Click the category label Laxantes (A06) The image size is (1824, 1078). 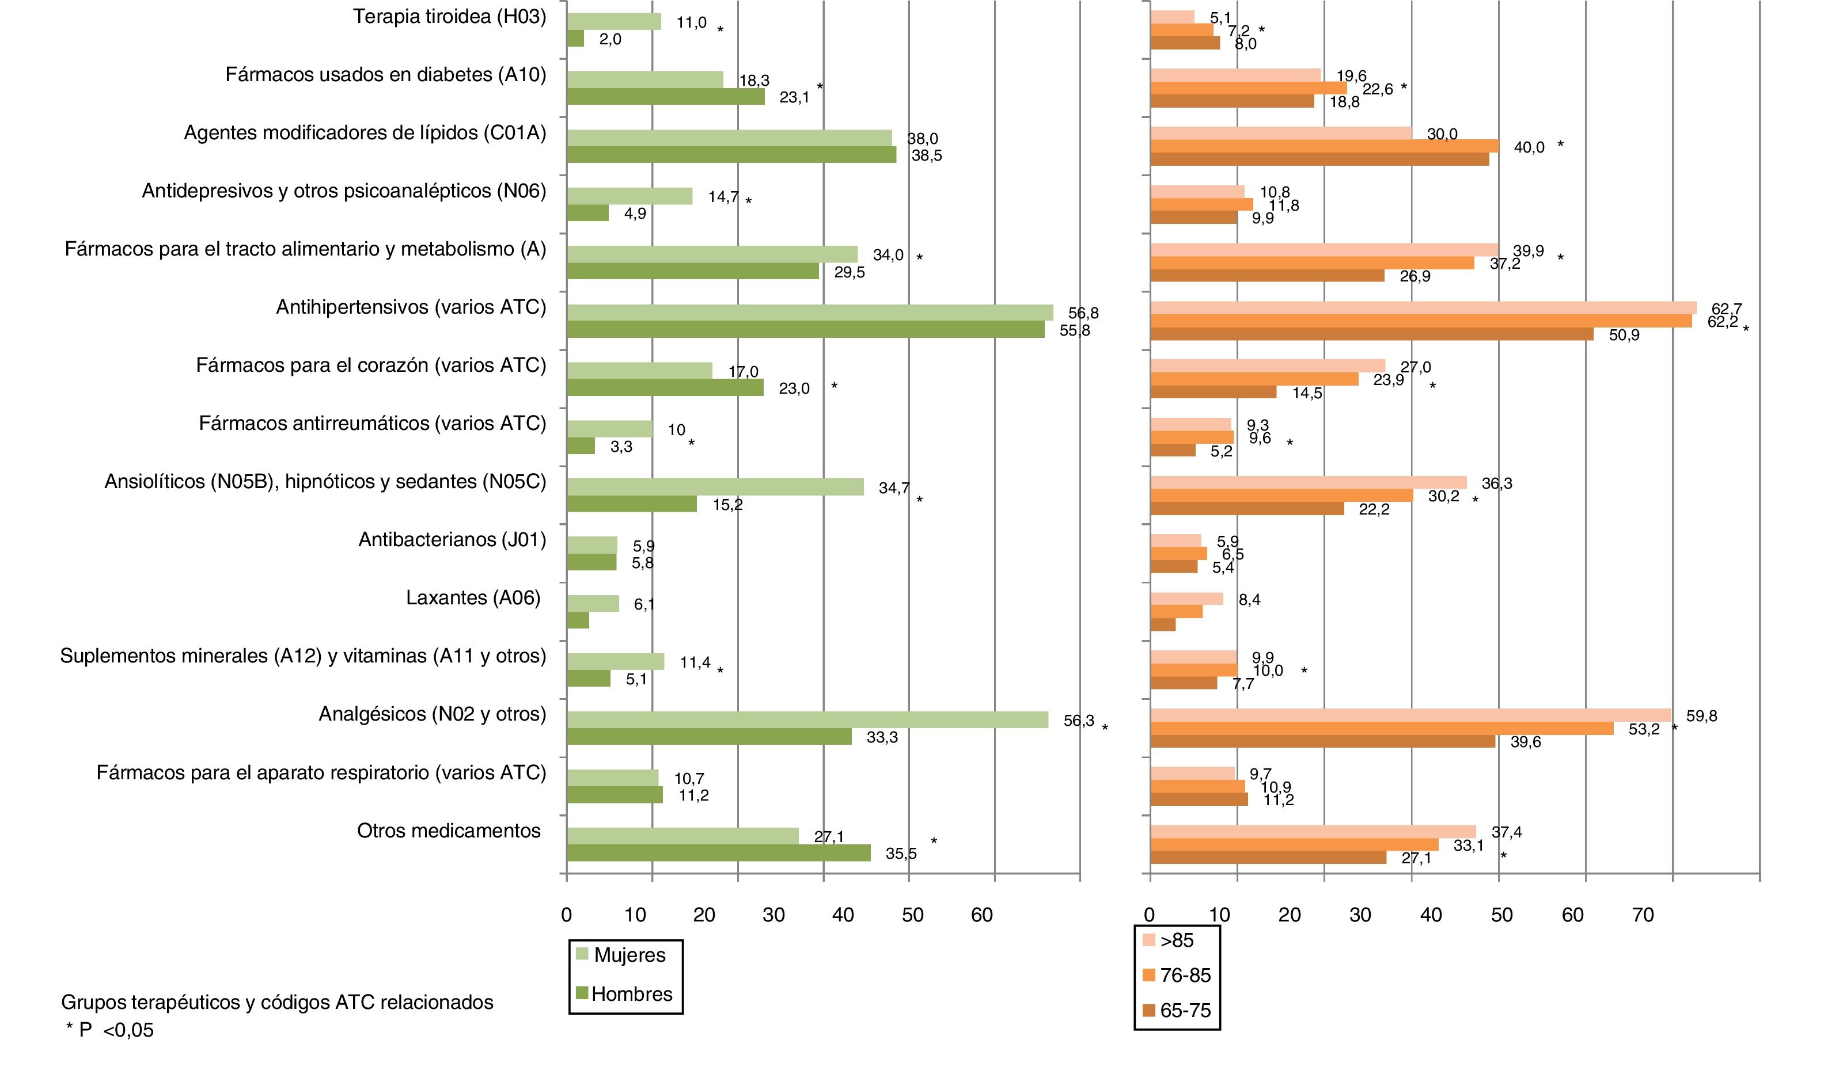(x=473, y=598)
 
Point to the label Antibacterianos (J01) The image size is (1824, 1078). (x=452, y=540)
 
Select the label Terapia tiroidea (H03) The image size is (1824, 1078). (x=449, y=17)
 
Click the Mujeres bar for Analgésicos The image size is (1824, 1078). (x=807, y=719)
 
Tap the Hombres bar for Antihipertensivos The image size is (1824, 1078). (x=805, y=329)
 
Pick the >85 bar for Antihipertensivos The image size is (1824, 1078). (x=1423, y=308)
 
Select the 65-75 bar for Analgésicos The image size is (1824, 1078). (x=1322, y=742)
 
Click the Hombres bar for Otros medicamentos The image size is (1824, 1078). (x=718, y=853)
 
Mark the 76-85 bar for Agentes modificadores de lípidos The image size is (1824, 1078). (x=1324, y=146)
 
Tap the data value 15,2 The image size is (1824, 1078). (x=727, y=505)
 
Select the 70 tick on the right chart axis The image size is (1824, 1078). (x=1643, y=915)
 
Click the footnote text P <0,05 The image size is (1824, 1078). (x=116, y=1030)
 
